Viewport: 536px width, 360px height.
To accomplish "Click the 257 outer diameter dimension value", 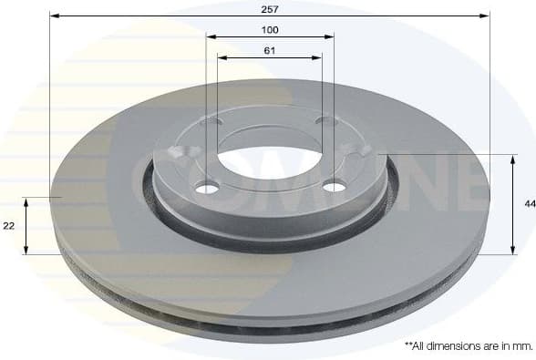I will (270, 8).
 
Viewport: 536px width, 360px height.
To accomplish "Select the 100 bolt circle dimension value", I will (270, 30).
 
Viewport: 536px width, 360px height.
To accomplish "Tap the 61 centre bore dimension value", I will (270, 50).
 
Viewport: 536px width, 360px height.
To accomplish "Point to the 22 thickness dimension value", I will (9, 225).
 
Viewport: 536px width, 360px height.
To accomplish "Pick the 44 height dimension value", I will (529, 204).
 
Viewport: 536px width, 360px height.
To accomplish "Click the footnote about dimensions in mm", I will (469, 345).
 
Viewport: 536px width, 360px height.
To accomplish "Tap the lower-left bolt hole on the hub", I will (208, 189).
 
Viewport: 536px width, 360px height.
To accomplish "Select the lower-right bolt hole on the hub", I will (335, 187).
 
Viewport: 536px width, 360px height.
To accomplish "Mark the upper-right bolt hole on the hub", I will (323, 119).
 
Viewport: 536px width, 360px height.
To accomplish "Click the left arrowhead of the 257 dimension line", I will (53, 15).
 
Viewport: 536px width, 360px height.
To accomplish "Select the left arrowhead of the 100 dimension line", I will (210, 37).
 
